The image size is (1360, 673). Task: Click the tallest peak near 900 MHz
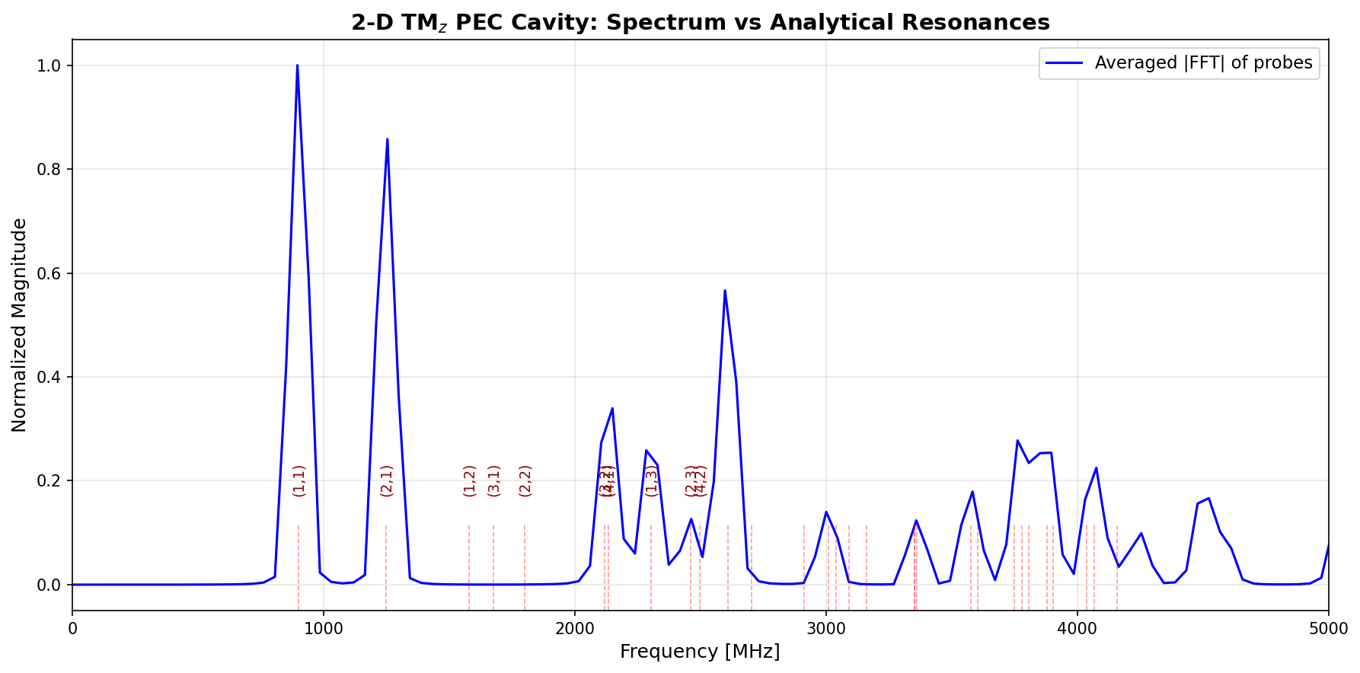(x=297, y=65)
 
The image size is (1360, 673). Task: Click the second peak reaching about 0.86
(x=387, y=139)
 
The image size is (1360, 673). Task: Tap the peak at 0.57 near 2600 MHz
(x=724, y=290)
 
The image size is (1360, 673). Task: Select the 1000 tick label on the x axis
(x=324, y=629)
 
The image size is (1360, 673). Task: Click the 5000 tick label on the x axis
(x=1328, y=629)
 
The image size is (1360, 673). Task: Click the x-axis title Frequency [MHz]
(x=700, y=652)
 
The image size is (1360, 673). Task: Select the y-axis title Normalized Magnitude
(x=20, y=325)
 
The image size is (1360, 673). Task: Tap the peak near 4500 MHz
(x=1208, y=498)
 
